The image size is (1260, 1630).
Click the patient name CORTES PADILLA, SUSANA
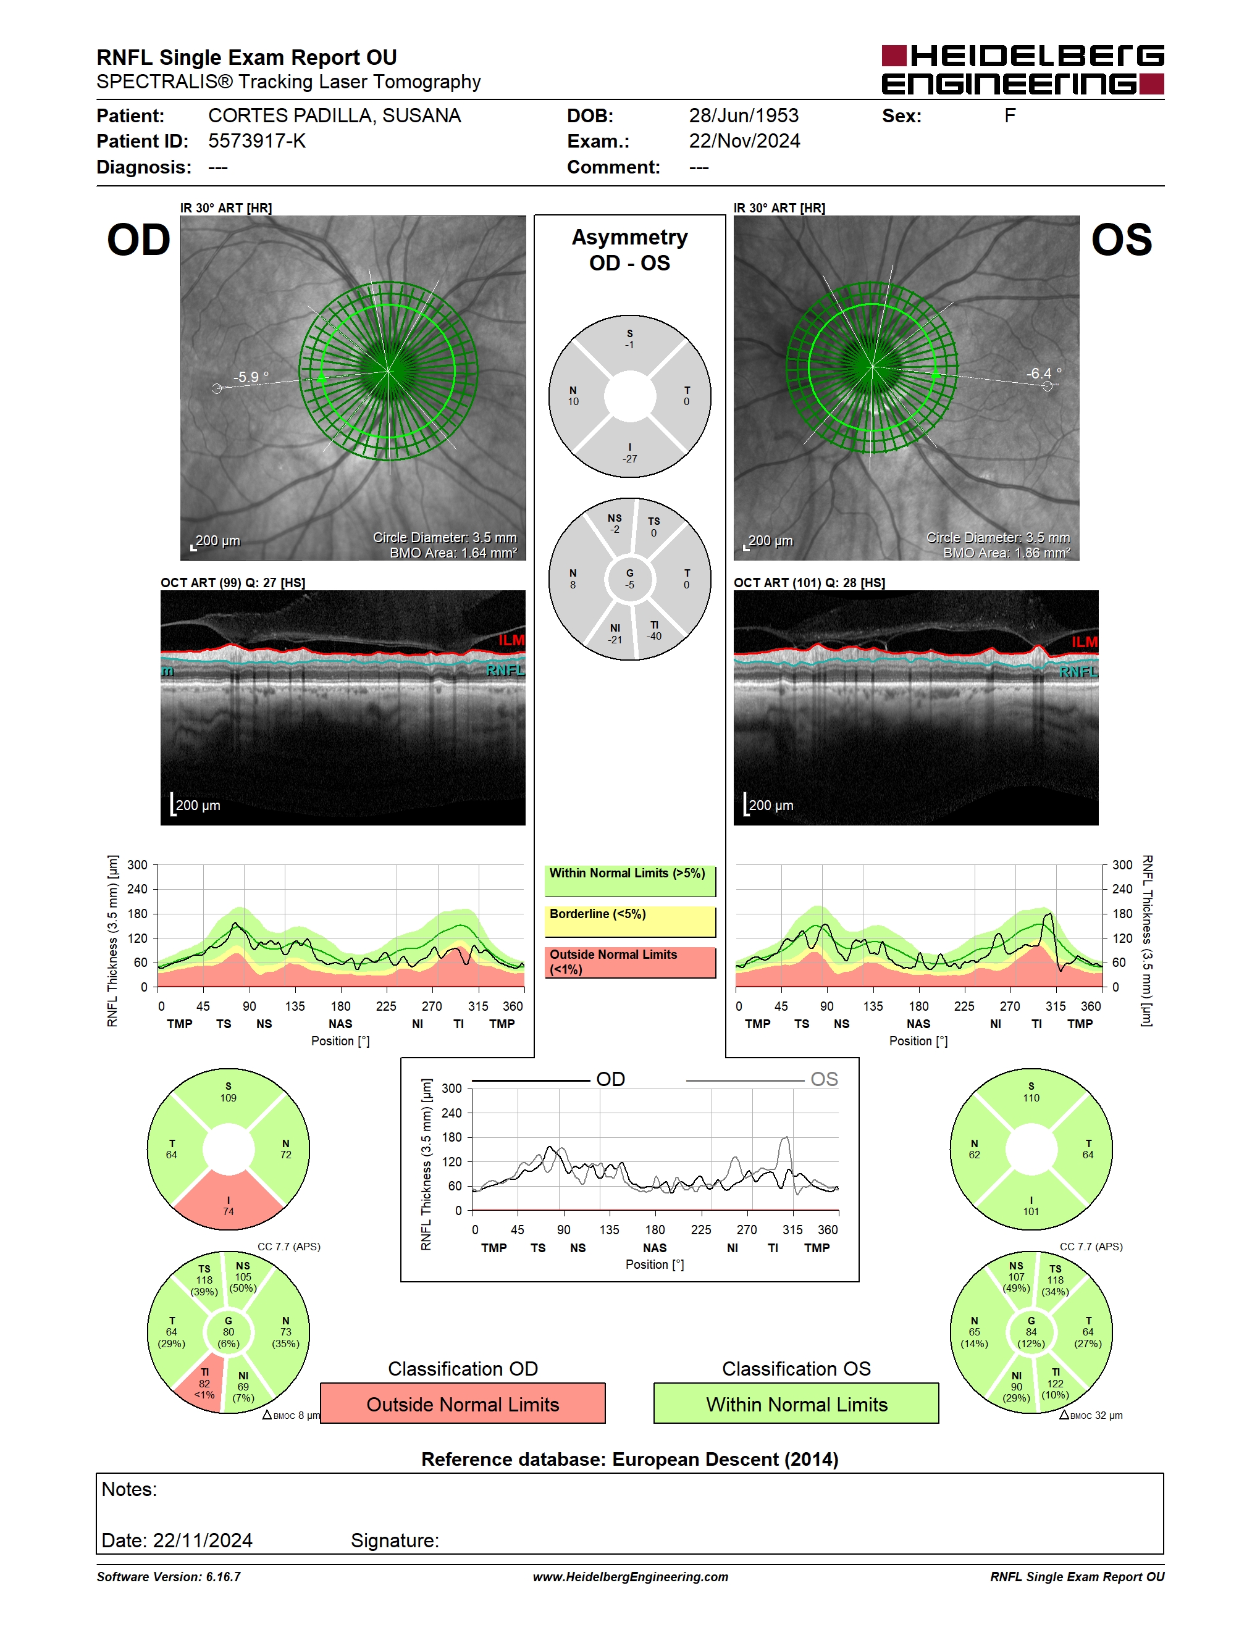(334, 115)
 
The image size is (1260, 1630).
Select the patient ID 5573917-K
(257, 141)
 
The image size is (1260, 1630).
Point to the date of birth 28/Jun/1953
(744, 115)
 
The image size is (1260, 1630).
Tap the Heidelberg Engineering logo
(1023, 70)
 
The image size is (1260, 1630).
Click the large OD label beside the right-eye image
(139, 240)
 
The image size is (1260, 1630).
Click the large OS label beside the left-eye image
(1121, 240)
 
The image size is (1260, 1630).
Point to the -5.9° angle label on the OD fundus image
(251, 377)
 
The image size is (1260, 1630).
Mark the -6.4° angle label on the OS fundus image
(1044, 373)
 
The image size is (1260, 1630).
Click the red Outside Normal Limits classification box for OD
(463, 1404)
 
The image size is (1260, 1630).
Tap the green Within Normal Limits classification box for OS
(797, 1404)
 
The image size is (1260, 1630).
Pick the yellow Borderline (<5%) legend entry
(630, 922)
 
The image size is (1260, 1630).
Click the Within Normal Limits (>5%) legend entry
(630, 880)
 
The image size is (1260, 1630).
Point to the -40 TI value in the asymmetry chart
(654, 637)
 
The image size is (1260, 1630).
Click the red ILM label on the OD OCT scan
(511, 640)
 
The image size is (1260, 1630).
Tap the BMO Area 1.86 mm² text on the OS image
(1006, 553)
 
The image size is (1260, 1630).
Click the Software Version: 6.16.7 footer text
(169, 1577)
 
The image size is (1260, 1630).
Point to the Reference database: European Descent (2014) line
(630, 1459)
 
